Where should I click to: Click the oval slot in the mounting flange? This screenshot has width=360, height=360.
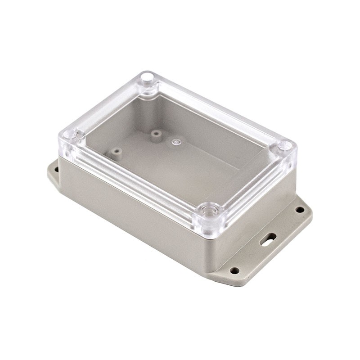click(268, 238)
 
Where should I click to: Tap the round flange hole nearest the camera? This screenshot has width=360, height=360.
click(234, 270)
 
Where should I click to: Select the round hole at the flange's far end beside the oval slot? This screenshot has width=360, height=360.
click(300, 210)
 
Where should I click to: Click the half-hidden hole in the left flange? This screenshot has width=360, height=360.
click(56, 170)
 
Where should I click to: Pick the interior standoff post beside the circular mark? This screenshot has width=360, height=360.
click(156, 134)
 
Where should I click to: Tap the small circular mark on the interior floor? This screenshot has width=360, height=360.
click(175, 142)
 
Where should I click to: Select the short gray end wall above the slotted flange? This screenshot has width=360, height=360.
click(256, 211)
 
